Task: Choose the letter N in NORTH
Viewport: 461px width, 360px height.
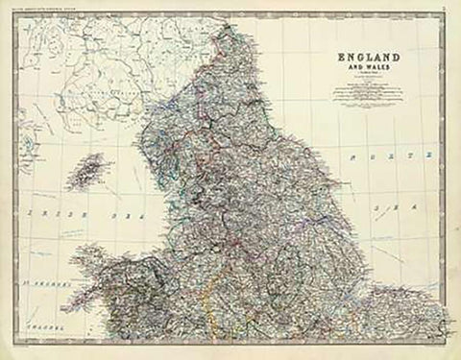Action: point(352,155)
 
